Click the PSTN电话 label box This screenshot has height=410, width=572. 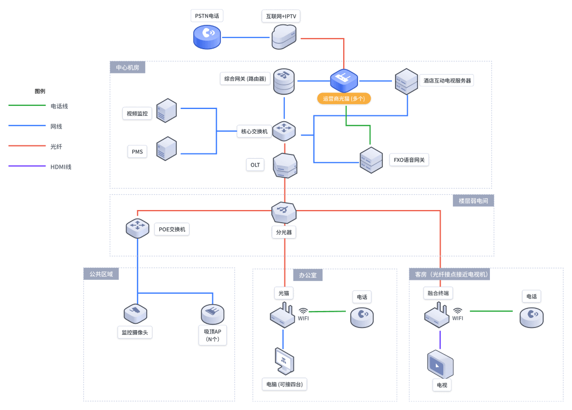tap(207, 16)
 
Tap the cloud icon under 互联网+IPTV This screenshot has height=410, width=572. tap(284, 37)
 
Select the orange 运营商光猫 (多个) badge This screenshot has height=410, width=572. tap(344, 98)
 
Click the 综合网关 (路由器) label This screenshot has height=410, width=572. tap(245, 79)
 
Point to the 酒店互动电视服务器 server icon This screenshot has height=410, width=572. tap(406, 81)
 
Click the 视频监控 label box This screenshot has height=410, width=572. tap(137, 113)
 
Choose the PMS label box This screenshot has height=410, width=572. tap(137, 152)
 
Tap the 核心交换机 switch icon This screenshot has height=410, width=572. tap(284, 130)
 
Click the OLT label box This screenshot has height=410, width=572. tap(255, 165)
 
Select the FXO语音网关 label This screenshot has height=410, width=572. tap(409, 159)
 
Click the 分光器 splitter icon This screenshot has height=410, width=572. tap(284, 212)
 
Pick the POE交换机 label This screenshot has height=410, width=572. tap(172, 229)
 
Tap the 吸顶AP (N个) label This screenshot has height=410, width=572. tap(212, 336)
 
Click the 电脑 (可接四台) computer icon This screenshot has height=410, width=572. tap(284, 362)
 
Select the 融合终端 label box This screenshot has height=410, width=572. tap(439, 293)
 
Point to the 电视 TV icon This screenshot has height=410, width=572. tap(440, 365)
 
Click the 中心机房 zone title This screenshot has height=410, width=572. tap(127, 67)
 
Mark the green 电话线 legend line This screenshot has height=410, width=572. tap(27, 105)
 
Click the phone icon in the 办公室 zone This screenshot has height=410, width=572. tap(362, 316)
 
